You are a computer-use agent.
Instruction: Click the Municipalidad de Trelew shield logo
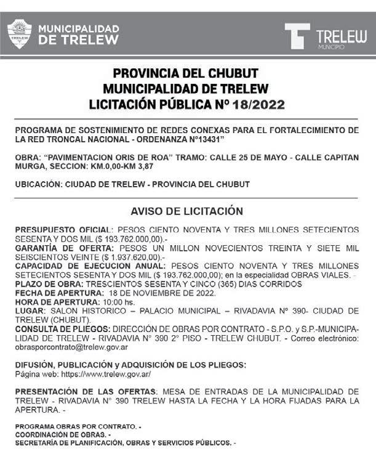(x=19, y=33)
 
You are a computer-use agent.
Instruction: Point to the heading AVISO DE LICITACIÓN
(x=187, y=211)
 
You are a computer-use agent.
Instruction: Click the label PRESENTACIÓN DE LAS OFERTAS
(x=86, y=391)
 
